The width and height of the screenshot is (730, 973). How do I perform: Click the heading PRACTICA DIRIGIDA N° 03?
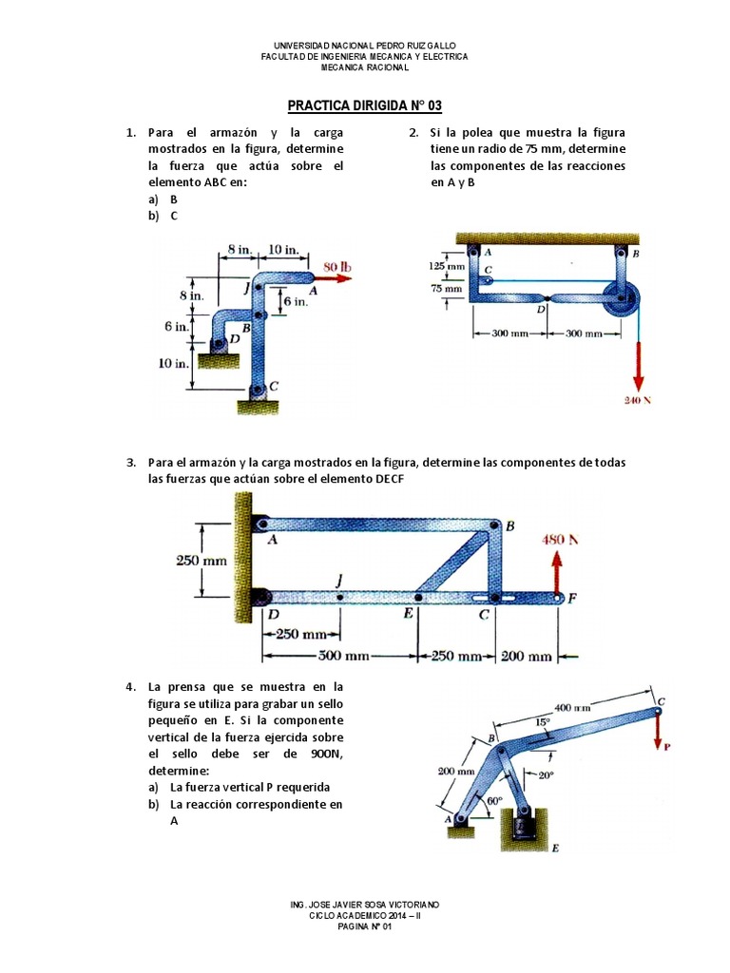365,105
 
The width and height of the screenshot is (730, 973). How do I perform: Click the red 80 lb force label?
337,267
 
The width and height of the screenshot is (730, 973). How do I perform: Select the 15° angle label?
543,722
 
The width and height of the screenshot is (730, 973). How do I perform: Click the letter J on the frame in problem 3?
339,581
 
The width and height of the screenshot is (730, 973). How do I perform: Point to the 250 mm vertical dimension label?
202,560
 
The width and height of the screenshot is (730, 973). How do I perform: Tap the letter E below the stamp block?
555,849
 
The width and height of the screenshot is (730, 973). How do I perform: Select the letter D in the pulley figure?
540,309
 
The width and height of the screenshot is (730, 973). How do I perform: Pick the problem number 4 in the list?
131,685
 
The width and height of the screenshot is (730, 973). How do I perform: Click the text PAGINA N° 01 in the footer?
365,927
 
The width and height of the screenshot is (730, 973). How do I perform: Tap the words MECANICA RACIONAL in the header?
365,67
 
